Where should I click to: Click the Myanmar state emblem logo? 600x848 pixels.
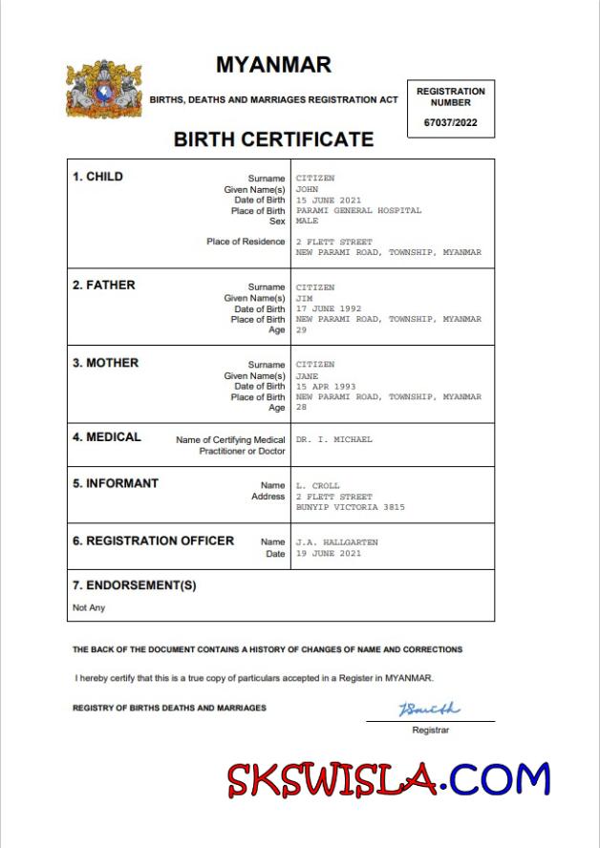(x=104, y=90)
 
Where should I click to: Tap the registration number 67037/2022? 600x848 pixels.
(x=450, y=122)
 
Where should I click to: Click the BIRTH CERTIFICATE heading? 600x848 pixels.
(x=273, y=139)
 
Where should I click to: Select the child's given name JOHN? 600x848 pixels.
(x=307, y=189)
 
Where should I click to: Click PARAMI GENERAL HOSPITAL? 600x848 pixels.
(x=358, y=210)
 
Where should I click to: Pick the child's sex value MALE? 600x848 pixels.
(x=307, y=221)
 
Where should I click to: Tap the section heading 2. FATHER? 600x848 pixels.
(x=104, y=285)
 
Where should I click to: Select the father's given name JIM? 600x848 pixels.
(x=304, y=298)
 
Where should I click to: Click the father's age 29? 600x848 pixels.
(x=301, y=330)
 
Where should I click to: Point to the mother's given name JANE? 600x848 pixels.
(x=307, y=376)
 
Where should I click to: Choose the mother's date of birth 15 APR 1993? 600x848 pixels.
(x=326, y=387)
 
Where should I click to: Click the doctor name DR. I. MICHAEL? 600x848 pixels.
(x=333, y=439)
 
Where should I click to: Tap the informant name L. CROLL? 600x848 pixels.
(x=317, y=486)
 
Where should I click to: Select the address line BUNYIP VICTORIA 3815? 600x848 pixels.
(x=350, y=507)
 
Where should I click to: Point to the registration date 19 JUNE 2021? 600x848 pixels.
(x=329, y=554)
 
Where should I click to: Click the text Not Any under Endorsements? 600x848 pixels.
(x=89, y=607)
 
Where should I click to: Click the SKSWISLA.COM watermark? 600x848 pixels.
(x=389, y=779)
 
